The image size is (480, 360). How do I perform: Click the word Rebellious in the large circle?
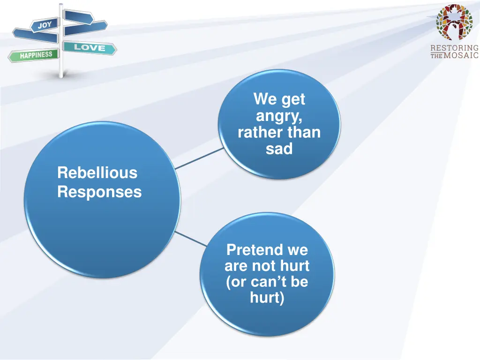pyautogui.click(x=97, y=173)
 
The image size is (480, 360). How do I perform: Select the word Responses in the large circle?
pyautogui.click(x=99, y=192)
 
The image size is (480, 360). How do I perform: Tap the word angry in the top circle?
pyautogui.click(x=279, y=116)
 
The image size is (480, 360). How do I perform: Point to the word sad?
pyautogui.click(x=279, y=149)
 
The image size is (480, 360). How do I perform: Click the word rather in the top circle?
pyautogui.click(x=259, y=133)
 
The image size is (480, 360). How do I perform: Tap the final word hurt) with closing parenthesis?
pyautogui.click(x=267, y=298)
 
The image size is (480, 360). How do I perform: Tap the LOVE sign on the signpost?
pyautogui.click(x=89, y=47)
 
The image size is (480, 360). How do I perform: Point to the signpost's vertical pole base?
pyautogui.click(x=60, y=74)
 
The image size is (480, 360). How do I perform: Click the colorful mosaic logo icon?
pyautogui.click(x=454, y=22)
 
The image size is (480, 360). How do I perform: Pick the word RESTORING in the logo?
pyautogui.click(x=454, y=48)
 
